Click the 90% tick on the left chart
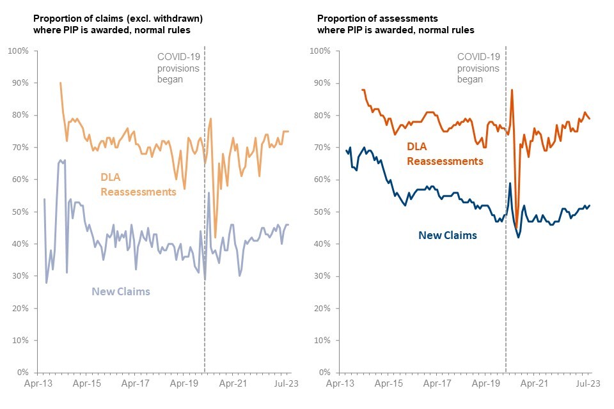[18, 83]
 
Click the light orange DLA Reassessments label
[138, 184]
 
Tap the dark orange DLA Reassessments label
[445, 154]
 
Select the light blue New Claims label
[121, 292]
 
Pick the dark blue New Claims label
[448, 235]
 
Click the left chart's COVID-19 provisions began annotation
[179, 68]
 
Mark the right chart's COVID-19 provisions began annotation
[478, 68]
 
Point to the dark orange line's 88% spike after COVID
[512, 89]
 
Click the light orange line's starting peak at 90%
[61, 83]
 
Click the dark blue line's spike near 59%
[510, 183]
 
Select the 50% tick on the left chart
[18, 212]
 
